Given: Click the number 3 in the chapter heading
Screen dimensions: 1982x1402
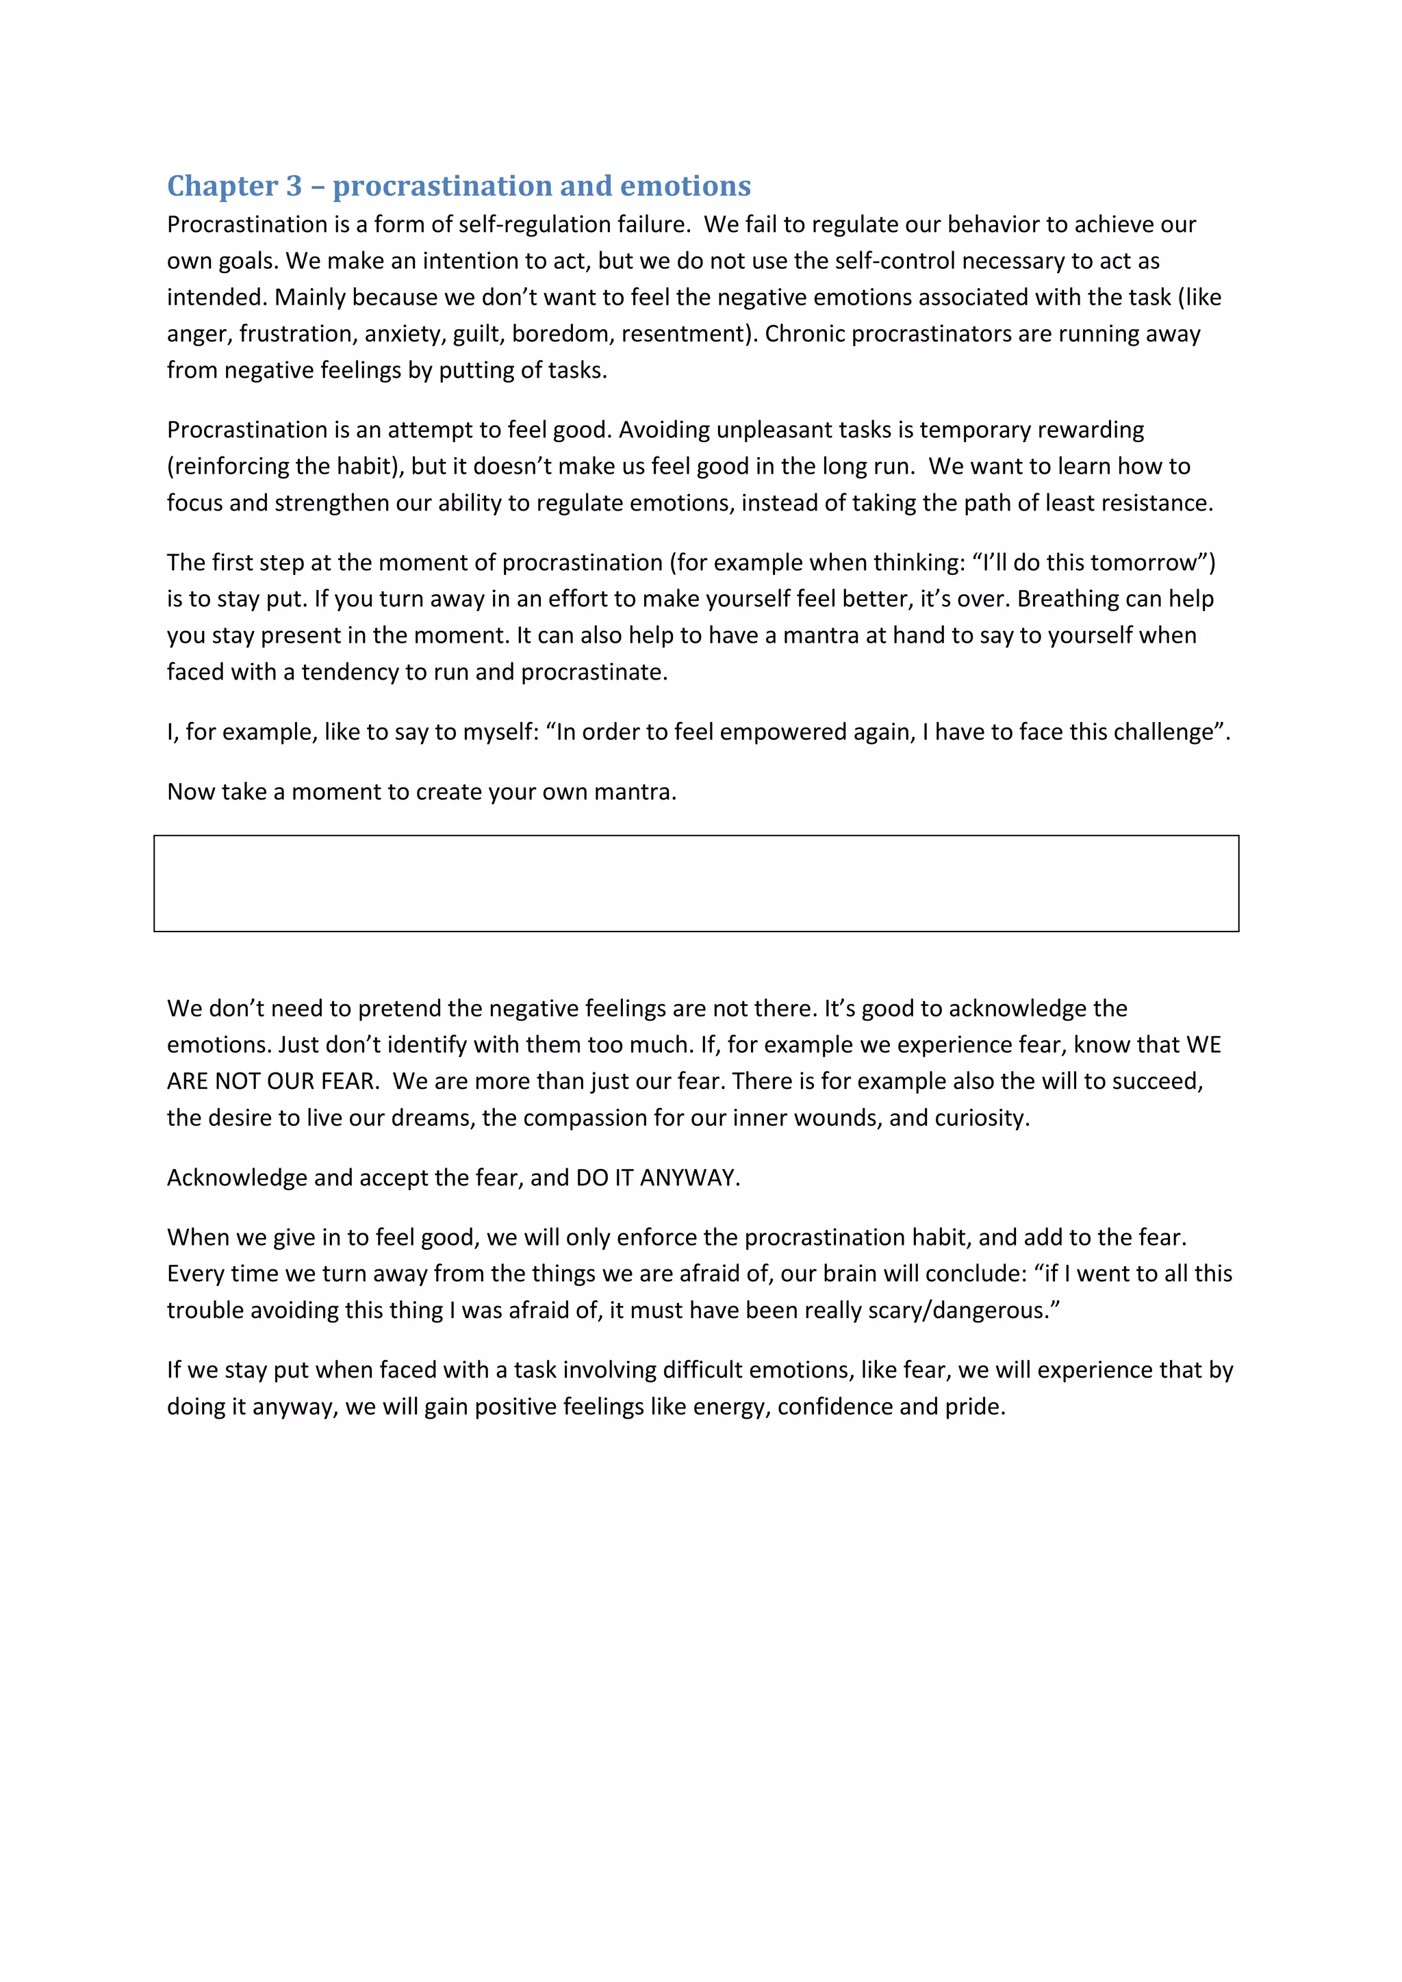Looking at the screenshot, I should [294, 186].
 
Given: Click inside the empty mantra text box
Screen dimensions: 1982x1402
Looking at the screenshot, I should [696, 883].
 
